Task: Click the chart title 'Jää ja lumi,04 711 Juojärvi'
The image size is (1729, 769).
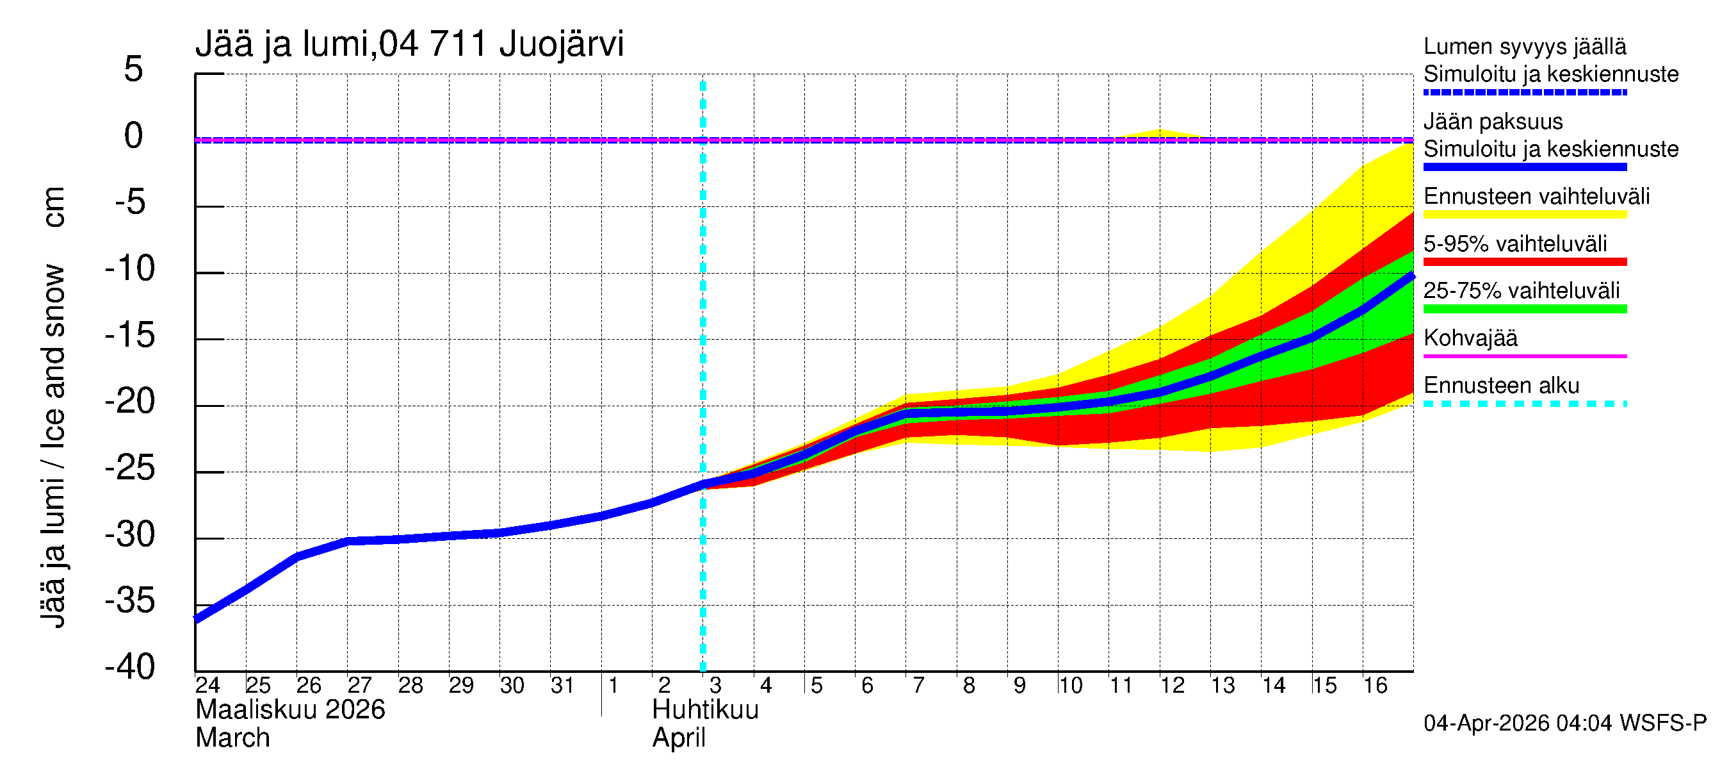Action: click(409, 44)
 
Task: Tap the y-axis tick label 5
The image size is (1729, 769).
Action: click(134, 69)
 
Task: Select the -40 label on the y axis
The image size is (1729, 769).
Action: click(129, 667)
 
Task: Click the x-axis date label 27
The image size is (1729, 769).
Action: click(359, 685)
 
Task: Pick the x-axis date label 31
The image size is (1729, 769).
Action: click(562, 685)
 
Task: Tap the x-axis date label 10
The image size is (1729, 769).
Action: click(1071, 685)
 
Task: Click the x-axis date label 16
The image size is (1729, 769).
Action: click(1376, 685)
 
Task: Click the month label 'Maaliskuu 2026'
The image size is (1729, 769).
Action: click(290, 710)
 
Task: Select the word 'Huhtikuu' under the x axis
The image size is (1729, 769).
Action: click(705, 710)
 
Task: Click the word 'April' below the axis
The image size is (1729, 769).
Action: click(679, 738)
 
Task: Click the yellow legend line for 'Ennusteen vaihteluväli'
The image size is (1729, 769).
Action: click(1524, 215)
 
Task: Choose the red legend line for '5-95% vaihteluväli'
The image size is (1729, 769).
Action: click(1524, 262)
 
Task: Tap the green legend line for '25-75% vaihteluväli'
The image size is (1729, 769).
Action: click(1524, 309)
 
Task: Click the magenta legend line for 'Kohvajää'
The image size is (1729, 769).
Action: click(1524, 356)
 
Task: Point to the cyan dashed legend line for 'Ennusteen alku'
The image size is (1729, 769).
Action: click(1524, 404)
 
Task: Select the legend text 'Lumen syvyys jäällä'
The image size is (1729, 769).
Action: click(1524, 46)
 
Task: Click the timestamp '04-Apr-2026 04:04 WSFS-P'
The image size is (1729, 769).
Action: click(1564, 724)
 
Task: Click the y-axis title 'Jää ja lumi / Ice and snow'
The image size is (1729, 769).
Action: click(53, 447)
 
